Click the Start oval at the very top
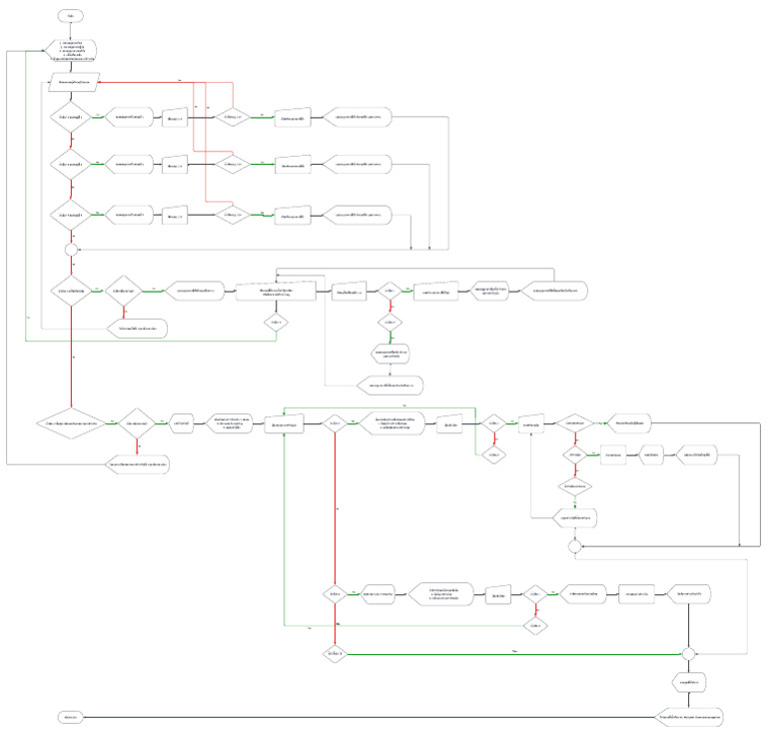pos(73,17)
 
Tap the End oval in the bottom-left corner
pos(73,717)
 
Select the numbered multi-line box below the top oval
pos(73,51)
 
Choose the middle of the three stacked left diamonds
pos(73,164)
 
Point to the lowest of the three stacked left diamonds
pos(73,214)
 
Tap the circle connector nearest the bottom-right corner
pos(688,653)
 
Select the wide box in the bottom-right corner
pos(691,717)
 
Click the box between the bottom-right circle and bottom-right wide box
pos(691,684)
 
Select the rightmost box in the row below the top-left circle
pos(553,291)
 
